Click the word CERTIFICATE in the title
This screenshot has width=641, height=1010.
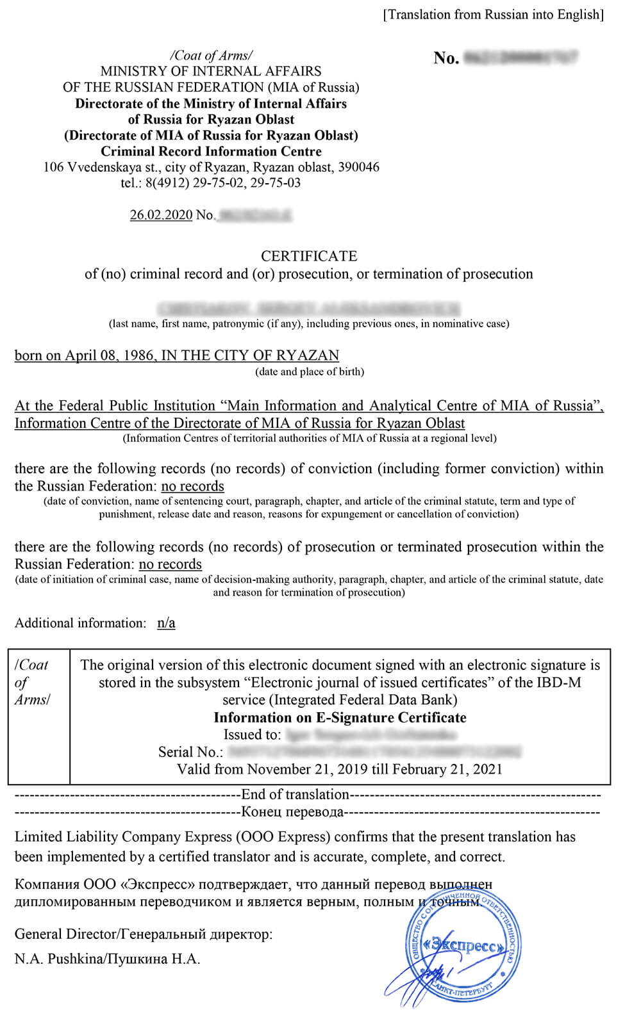point(308,256)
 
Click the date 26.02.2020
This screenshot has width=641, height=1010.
point(161,215)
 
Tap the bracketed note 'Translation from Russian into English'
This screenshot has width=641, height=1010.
point(493,15)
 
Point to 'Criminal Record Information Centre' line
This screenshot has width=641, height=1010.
point(211,152)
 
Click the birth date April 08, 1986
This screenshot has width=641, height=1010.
point(110,355)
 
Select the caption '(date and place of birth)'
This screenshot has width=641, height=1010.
point(310,371)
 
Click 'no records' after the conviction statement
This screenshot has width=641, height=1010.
point(192,486)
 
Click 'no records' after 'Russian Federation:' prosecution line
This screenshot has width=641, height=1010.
point(170,564)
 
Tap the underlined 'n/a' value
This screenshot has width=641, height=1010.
point(166,623)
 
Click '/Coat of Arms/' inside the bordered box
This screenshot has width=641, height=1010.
point(32,682)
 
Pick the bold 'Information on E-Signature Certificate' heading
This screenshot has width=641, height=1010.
point(340,717)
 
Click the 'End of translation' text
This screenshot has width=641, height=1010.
point(295,795)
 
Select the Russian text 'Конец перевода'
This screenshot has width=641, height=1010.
point(292,812)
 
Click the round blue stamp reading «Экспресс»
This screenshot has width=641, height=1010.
point(463,945)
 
